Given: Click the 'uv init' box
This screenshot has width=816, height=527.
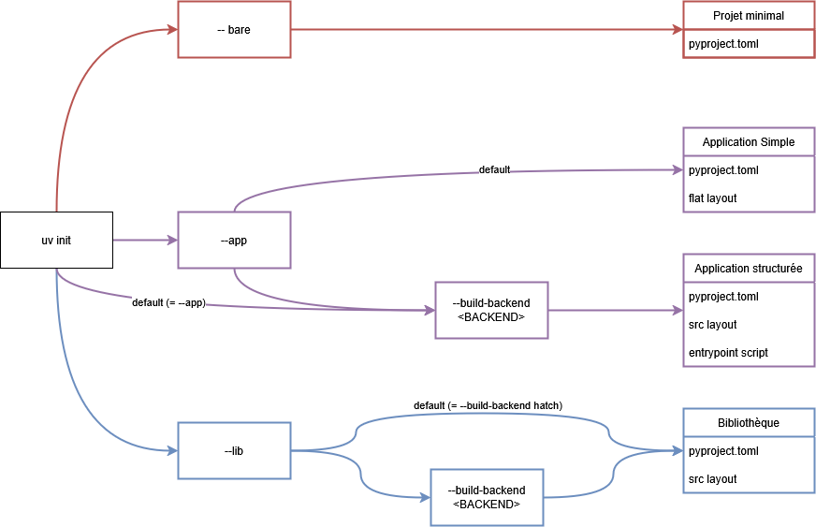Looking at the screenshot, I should [56, 241].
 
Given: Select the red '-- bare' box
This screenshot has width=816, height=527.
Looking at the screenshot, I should [234, 30].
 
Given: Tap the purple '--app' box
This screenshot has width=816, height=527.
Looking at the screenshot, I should [234, 241].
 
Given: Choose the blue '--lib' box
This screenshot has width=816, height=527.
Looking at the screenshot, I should [234, 451].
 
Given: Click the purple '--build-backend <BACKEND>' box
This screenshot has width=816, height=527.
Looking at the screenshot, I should [491, 310].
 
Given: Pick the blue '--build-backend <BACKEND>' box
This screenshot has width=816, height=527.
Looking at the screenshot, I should [487, 497].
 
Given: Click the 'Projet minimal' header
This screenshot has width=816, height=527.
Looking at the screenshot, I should [749, 16].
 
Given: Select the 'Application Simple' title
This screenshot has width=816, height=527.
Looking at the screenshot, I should [749, 142].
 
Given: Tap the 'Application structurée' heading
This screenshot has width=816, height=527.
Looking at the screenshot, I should [749, 269].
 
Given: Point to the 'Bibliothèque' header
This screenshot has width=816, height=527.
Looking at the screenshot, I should [749, 423].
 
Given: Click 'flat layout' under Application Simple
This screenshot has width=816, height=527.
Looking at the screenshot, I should [713, 198].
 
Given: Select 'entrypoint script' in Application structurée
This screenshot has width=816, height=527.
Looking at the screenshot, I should [728, 353].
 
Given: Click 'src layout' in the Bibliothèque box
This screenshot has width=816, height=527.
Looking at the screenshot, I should [713, 479].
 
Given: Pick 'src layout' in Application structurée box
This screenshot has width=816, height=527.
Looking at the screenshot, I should [713, 325].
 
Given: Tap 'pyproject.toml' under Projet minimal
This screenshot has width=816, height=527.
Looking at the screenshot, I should [723, 44].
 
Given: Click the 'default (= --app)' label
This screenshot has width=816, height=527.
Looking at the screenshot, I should [168, 302].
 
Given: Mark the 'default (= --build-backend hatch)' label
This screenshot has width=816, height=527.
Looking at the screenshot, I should [488, 405].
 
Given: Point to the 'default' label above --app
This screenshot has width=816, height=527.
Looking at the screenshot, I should [494, 169].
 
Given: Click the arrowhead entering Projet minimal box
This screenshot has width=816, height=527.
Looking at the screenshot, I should [677, 30].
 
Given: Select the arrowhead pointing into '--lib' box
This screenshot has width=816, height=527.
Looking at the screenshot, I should [172, 451].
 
